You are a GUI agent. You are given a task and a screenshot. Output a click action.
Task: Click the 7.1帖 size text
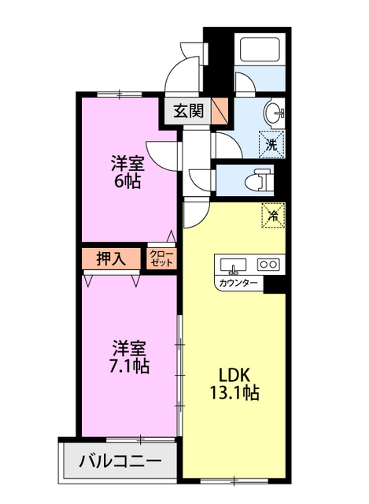[129, 365]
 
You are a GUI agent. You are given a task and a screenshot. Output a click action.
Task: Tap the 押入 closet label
[110, 258]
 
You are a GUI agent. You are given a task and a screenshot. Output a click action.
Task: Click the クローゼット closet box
[161, 258]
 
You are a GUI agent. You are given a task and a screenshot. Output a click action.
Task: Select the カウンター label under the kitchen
[238, 282]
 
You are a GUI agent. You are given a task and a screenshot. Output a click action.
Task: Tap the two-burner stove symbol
[269, 265]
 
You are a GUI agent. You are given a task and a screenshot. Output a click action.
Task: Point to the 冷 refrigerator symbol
[273, 214]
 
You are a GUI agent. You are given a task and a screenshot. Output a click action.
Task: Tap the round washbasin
[275, 113]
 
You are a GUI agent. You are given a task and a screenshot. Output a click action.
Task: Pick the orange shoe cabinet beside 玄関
[220, 111]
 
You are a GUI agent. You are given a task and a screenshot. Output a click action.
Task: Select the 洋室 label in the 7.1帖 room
[129, 347]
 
